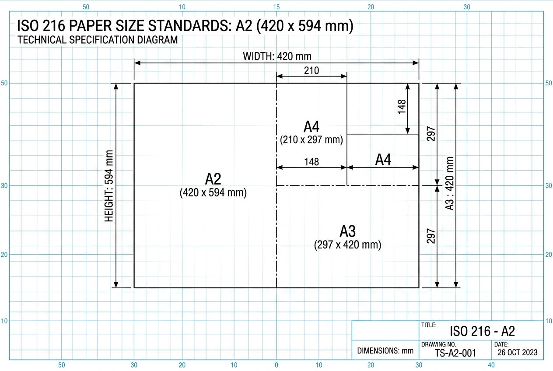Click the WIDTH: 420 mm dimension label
[277, 56]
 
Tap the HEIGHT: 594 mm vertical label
[108, 186]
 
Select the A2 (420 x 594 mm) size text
[213, 185]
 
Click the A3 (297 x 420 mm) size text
[348, 238]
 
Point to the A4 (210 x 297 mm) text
[311, 133]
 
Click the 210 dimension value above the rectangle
[311, 70]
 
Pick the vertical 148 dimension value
[402, 107]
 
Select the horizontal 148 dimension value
[311, 162]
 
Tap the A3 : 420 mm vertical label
[449, 183]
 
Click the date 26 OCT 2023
[518, 353]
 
